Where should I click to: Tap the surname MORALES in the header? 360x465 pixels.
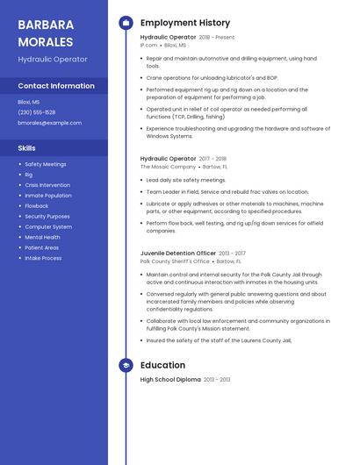[x=46, y=40]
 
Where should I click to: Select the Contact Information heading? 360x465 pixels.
[x=56, y=86]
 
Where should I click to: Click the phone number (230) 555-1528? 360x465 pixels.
[x=37, y=112]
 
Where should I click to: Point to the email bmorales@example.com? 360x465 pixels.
[x=49, y=123]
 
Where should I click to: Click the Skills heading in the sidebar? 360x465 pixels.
[x=27, y=148]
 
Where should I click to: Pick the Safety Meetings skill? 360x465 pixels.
[x=46, y=164]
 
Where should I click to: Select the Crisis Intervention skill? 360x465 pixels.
[x=47, y=185]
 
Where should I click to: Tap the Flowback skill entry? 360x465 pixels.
[x=37, y=206]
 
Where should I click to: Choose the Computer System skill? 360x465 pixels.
[x=48, y=227]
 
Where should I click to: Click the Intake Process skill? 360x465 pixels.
[x=43, y=258]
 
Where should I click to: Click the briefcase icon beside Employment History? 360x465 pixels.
[x=126, y=23]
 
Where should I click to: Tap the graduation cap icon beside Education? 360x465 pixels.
[x=126, y=365]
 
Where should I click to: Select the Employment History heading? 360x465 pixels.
[x=185, y=23]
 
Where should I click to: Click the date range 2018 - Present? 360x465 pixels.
[x=217, y=38]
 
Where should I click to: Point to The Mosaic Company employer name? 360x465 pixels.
[x=168, y=167]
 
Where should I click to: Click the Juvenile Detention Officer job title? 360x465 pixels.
[x=178, y=253]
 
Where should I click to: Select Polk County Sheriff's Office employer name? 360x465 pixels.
[x=175, y=261]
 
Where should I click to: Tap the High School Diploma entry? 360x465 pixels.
[x=170, y=380]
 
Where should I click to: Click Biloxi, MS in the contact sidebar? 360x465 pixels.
[x=29, y=102]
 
